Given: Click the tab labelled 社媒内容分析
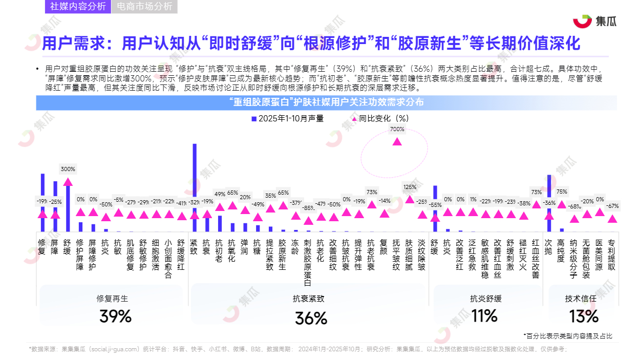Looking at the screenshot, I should (78, 7).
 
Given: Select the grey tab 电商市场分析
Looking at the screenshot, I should (144, 7).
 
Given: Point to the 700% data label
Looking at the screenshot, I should (397, 130).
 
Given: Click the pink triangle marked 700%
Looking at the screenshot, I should (397, 141).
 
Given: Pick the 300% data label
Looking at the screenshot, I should (68, 169).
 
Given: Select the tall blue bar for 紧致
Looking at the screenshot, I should (195, 187).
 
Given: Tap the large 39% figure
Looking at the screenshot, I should (115, 316).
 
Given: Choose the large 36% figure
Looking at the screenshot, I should (311, 319).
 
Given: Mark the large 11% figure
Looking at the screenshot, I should (484, 315).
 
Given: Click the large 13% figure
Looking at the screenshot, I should (583, 316).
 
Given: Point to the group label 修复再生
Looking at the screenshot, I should (112, 298).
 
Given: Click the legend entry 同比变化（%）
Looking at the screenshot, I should (380, 118).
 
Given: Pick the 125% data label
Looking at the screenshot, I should (410, 187).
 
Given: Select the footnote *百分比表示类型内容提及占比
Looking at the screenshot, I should (567, 336).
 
